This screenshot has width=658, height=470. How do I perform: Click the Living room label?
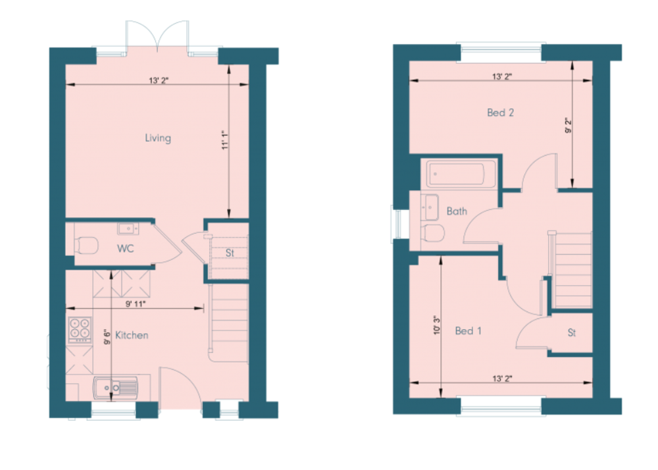(158, 138)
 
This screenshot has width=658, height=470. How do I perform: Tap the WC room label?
(126, 248)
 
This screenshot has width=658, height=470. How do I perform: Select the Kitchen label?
(132, 335)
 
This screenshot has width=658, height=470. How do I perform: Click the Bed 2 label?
(500, 113)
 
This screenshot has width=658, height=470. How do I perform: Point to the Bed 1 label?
(468, 330)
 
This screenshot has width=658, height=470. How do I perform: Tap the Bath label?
(457, 211)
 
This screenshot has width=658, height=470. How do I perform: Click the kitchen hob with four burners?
(80, 329)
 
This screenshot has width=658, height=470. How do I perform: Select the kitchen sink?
(115, 388)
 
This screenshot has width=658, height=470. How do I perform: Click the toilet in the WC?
(86, 245)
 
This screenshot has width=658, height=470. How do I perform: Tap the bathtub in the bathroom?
(461, 173)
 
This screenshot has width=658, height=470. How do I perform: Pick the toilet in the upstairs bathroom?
(433, 233)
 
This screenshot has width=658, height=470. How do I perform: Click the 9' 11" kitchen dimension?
(135, 304)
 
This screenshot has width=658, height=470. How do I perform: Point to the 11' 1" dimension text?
(225, 140)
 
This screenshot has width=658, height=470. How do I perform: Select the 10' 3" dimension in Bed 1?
(438, 325)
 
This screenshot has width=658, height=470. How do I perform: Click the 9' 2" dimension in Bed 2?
(569, 126)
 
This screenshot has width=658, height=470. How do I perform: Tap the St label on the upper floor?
(572, 332)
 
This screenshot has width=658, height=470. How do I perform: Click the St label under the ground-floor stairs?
(230, 253)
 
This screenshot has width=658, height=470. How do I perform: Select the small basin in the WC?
(128, 228)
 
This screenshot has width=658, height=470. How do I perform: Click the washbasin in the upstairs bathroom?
(430, 207)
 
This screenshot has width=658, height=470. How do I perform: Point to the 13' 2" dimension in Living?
(159, 80)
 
